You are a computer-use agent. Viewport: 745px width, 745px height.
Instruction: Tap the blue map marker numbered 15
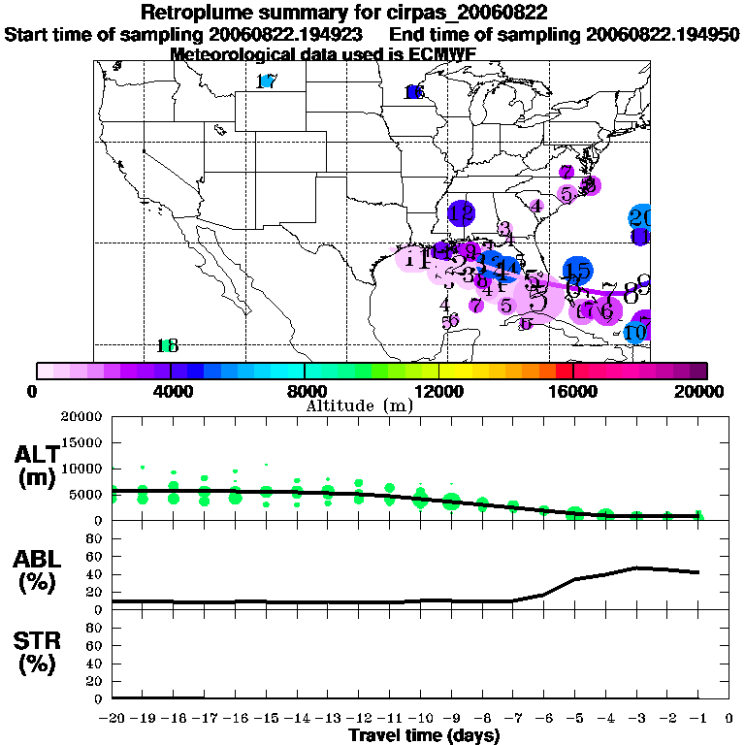577,272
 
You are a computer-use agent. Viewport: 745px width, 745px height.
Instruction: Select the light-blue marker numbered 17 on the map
267,82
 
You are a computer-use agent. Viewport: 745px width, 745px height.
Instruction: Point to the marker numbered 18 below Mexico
168,345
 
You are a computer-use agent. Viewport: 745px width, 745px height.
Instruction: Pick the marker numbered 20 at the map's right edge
640,218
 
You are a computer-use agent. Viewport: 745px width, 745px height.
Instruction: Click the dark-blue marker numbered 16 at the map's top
415,92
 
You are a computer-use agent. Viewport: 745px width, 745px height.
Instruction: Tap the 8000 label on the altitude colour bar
304,392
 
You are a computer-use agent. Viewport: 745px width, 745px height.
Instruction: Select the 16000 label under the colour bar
572,392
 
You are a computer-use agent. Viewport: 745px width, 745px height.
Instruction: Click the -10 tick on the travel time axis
420,719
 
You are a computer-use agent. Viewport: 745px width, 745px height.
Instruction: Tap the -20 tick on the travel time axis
113,719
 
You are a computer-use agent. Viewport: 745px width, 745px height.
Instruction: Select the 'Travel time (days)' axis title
424,736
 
